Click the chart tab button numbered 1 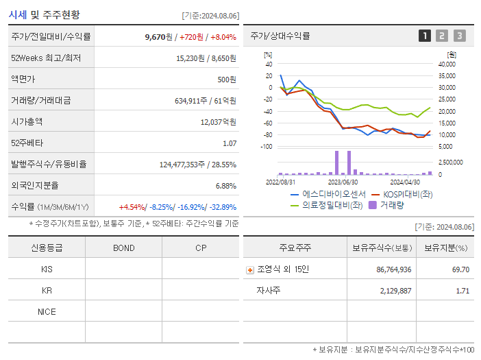click(x=425, y=36)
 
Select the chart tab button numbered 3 click(x=459, y=36)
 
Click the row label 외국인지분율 click(x=35, y=186)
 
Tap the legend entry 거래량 click(x=391, y=204)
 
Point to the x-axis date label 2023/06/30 click(x=343, y=182)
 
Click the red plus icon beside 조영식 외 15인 click(x=250, y=269)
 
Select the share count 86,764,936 click(x=394, y=269)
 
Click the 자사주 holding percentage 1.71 click(x=463, y=291)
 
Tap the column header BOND click(x=123, y=248)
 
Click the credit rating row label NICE click(x=47, y=312)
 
